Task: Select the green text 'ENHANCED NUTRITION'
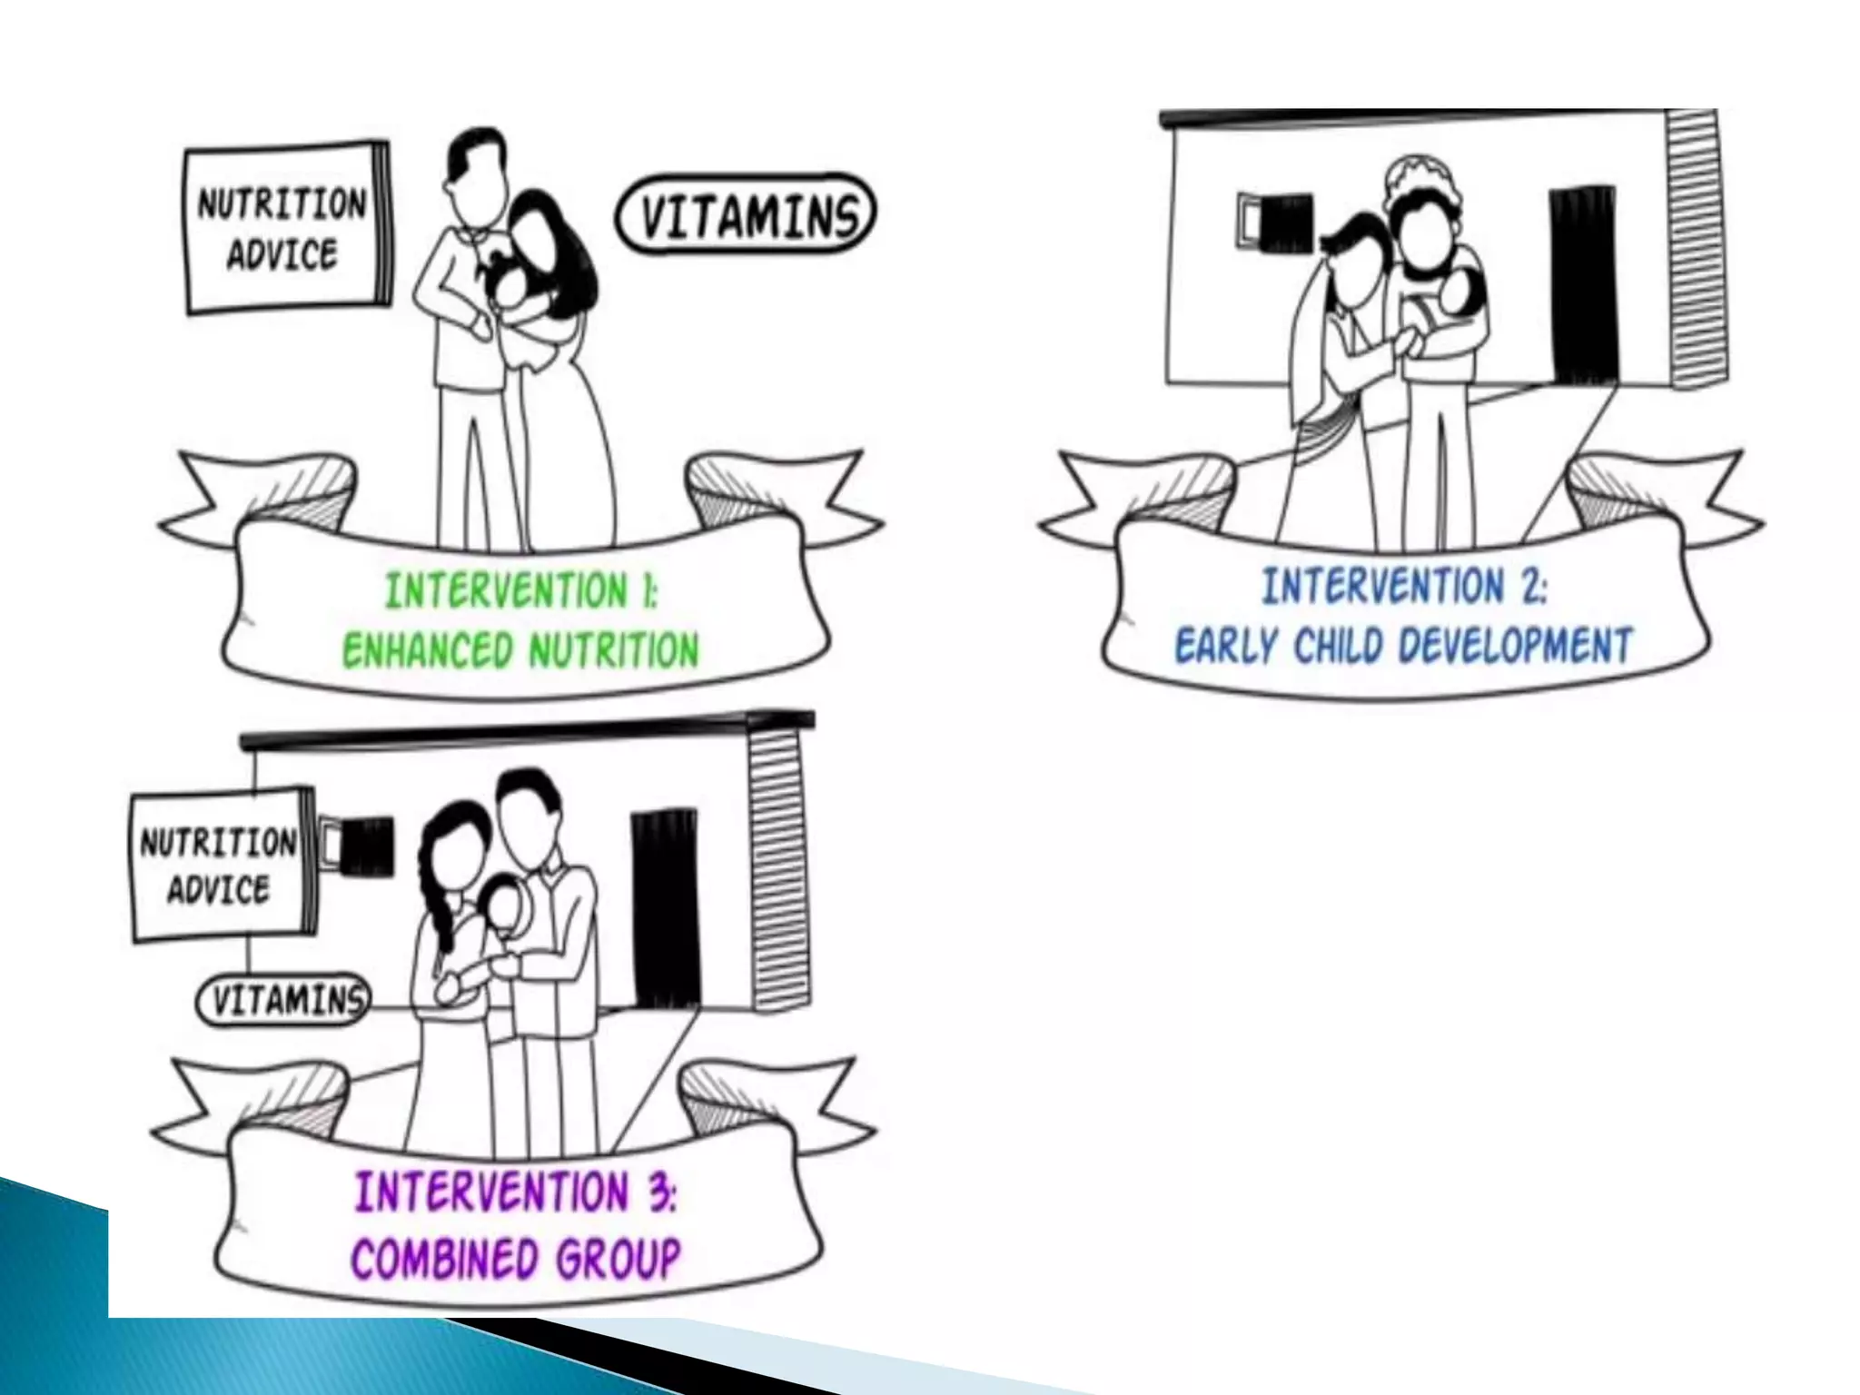tap(520, 650)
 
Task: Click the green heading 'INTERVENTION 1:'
tap(520, 590)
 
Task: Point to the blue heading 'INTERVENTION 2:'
tap(1404, 586)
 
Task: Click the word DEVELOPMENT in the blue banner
tap(1516, 646)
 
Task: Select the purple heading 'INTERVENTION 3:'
tap(515, 1192)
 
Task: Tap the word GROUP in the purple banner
tap(618, 1259)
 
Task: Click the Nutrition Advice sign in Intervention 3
tap(220, 865)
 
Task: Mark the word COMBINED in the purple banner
tap(445, 1259)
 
